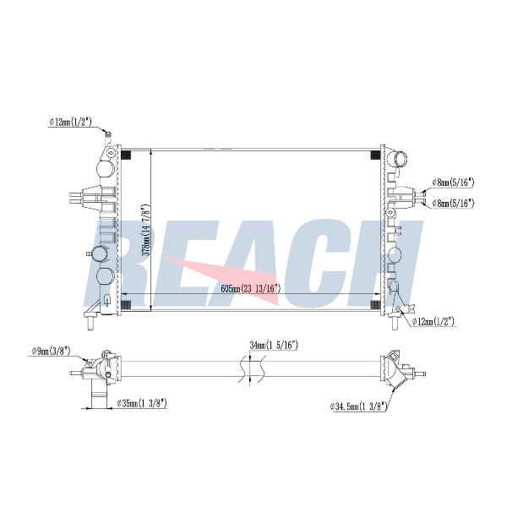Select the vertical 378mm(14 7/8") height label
pyautogui.click(x=147, y=230)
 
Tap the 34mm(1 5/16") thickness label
pyautogui.click(x=274, y=346)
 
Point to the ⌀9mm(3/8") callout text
pyautogui.click(x=51, y=352)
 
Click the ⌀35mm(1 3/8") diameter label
pyautogui.click(x=142, y=403)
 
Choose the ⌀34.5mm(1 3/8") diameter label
pyautogui.click(x=358, y=406)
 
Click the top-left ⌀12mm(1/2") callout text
pyautogui.click(x=71, y=122)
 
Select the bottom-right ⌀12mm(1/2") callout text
pyautogui.click(x=433, y=321)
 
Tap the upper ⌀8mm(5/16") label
pyautogui.click(x=453, y=183)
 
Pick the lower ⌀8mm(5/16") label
pyautogui.click(x=453, y=203)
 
